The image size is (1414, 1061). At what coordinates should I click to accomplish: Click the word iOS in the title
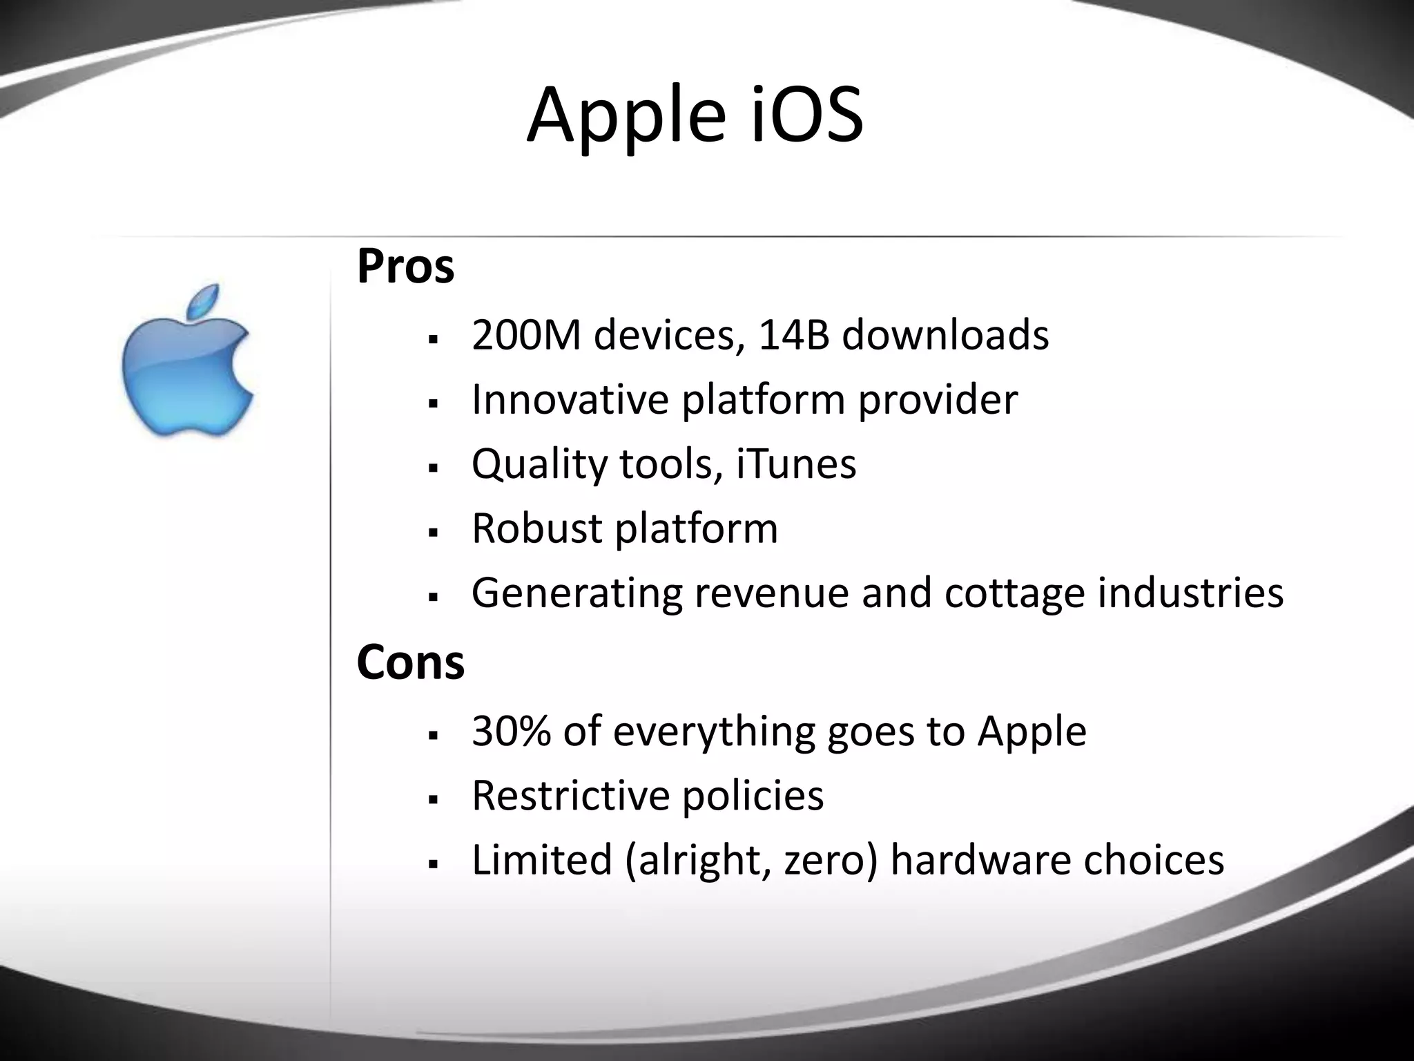click(x=805, y=115)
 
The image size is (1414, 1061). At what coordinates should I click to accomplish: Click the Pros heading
click(x=406, y=267)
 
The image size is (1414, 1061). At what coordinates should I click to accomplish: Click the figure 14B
click(x=793, y=336)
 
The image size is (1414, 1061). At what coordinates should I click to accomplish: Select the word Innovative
click(x=570, y=399)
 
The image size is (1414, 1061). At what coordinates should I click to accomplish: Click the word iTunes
click(x=796, y=464)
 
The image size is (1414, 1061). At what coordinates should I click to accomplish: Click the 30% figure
click(x=512, y=731)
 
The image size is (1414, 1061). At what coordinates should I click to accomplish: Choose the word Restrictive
click(x=570, y=795)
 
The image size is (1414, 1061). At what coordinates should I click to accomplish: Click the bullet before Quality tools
click(x=434, y=468)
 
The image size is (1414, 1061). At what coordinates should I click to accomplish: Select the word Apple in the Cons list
click(x=1032, y=732)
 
